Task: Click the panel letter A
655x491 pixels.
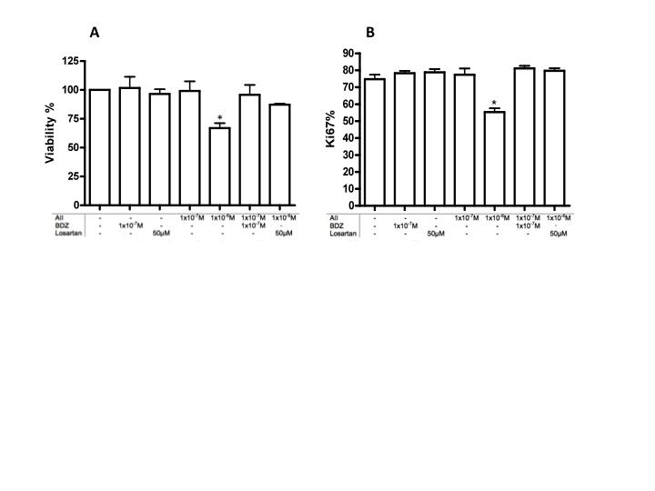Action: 94,33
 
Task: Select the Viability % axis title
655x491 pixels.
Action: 52,133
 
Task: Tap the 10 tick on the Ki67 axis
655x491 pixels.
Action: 348,189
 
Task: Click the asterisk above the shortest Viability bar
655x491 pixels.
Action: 219,117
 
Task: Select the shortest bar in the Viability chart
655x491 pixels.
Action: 219,166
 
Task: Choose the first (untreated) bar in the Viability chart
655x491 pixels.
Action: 99,147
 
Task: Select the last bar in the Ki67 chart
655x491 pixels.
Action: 553,137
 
